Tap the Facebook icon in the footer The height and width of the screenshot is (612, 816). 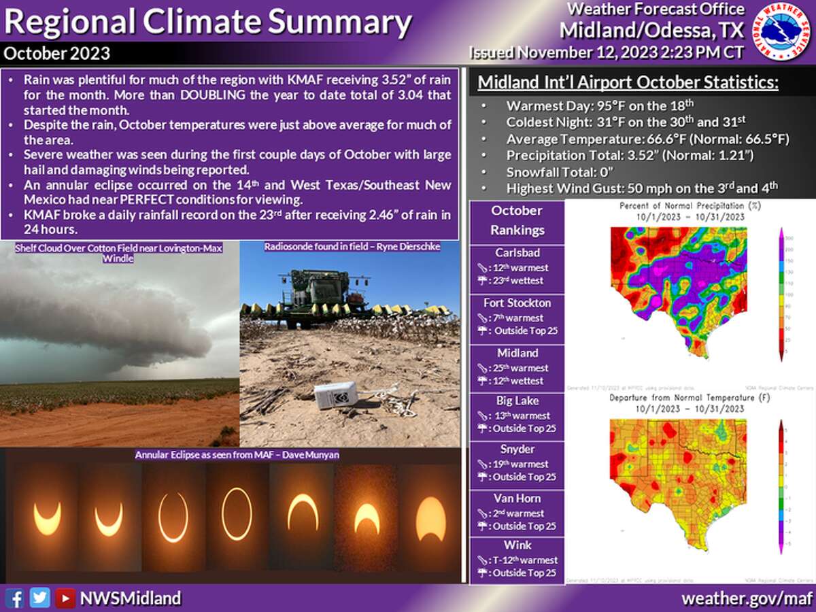point(15,598)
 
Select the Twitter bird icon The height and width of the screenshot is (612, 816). point(40,598)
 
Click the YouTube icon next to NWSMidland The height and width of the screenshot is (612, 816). point(65,598)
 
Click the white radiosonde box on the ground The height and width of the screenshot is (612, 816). point(337,394)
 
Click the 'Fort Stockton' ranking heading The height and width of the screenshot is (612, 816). point(517,303)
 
